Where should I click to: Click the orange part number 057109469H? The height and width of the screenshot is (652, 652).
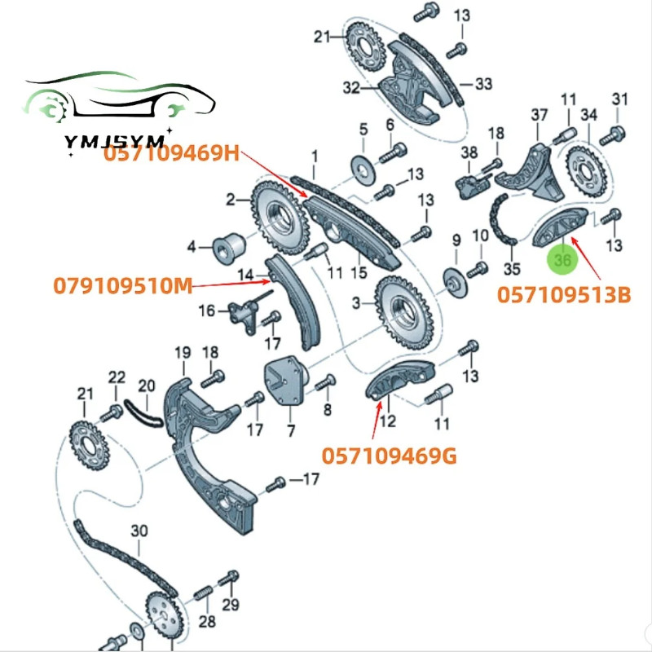click(171, 154)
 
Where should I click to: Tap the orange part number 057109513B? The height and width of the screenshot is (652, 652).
click(564, 294)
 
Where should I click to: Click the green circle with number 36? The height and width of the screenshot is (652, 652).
click(562, 259)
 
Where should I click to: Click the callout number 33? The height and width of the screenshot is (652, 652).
click(484, 83)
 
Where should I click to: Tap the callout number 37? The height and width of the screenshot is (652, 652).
click(539, 116)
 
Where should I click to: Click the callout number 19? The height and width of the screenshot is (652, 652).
click(181, 353)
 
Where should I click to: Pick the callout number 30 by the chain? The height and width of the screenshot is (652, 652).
click(139, 531)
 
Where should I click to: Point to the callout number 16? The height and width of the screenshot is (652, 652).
click(207, 310)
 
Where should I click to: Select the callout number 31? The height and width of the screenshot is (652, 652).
click(621, 99)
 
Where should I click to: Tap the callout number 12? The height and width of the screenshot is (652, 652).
click(388, 421)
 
